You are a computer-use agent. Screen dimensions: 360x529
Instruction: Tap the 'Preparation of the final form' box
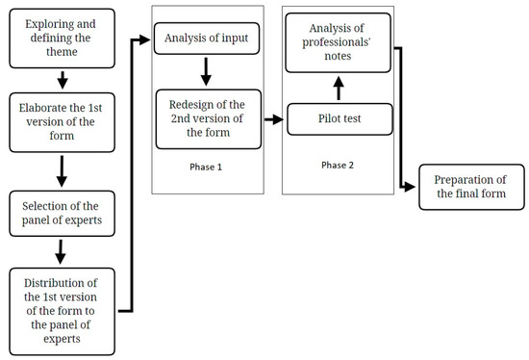click(471, 186)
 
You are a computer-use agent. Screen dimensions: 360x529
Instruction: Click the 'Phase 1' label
click(208, 166)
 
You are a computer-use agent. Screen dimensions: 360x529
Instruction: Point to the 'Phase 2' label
click(336, 165)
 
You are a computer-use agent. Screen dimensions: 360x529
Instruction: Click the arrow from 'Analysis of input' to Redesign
click(205, 71)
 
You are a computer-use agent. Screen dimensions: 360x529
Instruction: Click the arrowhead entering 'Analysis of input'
click(149, 40)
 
